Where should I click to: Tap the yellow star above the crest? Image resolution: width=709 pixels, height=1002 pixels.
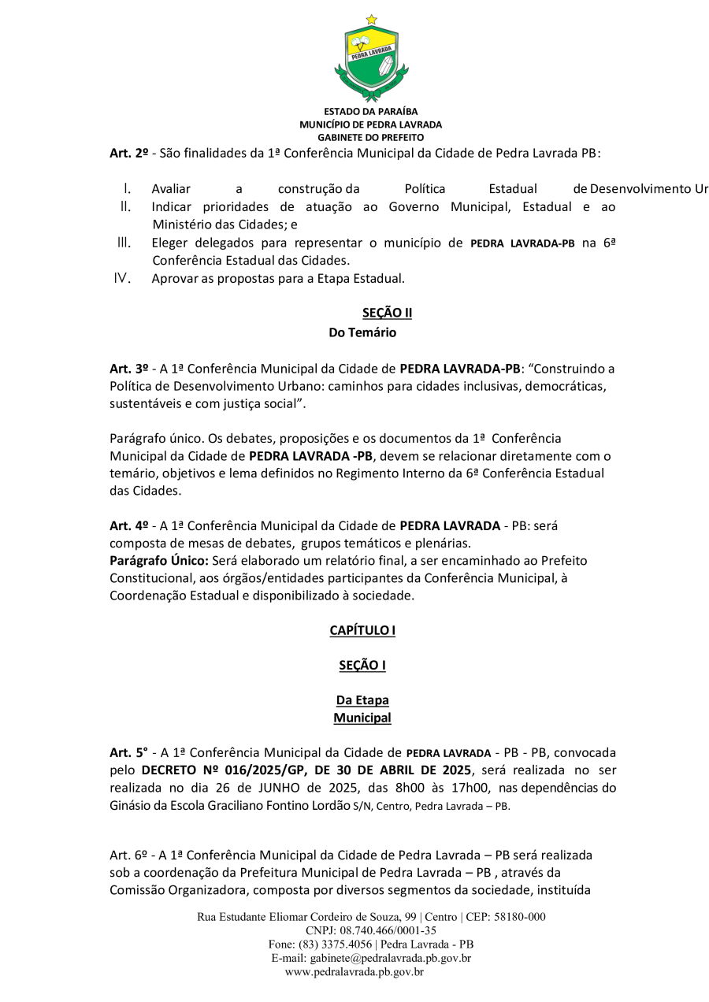tap(371, 19)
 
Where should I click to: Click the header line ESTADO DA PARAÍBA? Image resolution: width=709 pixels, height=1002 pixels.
tap(370, 112)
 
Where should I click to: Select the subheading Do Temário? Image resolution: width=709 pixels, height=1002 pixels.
tap(362, 332)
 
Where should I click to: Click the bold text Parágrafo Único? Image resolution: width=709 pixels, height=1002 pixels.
tap(158, 560)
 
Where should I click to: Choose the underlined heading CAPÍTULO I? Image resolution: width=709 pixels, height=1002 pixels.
tap(362, 630)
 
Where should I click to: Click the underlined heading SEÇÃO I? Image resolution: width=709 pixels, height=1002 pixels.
tap(362, 666)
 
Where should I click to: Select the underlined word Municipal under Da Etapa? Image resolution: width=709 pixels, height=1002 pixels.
tap(362, 718)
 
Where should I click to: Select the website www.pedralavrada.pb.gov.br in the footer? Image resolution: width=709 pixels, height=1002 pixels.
tap(354, 972)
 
